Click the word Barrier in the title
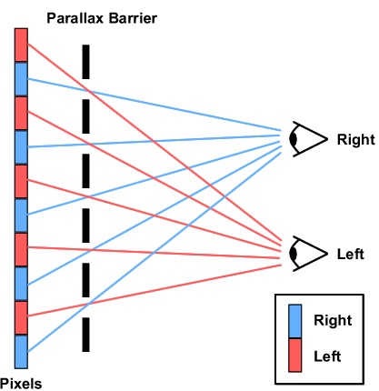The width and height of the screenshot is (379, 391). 133,18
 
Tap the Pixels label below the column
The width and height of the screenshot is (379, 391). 21,384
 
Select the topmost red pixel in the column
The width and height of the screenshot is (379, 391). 21,45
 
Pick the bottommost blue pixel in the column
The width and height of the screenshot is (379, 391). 21,352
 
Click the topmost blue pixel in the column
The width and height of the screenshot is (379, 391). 21,79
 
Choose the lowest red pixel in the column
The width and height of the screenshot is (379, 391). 21,318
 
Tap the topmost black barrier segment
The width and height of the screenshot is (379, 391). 86,62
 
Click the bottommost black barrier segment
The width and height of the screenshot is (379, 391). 86,335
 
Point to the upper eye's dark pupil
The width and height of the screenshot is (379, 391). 293,139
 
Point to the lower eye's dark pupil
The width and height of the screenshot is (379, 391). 293,254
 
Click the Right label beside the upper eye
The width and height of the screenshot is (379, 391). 356,140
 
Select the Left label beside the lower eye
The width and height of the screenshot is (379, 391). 351,254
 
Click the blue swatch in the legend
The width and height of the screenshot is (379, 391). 295,321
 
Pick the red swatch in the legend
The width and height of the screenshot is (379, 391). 295,356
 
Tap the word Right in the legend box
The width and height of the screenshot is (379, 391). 333,321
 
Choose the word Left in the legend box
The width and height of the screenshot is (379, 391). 327,356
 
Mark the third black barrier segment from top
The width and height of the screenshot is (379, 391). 86,171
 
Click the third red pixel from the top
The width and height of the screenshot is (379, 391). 21,182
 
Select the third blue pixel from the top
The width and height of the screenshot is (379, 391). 21,216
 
